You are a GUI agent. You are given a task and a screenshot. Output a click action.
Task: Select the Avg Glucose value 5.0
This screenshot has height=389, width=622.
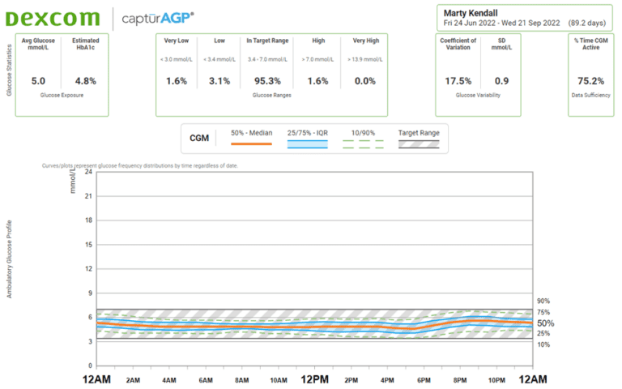click(x=38, y=81)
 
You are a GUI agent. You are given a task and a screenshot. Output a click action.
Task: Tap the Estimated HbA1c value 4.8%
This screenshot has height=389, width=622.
click(x=85, y=81)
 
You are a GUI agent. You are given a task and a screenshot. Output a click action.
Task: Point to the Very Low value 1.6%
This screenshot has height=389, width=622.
click(x=177, y=81)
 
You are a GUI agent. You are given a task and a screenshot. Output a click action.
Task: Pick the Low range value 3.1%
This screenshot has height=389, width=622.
click(x=219, y=81)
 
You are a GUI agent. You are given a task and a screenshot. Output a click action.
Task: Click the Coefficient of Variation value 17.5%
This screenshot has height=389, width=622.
click(x=458, y=81)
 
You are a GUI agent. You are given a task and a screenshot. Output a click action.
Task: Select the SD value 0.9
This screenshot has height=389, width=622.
click(x=502, y=81)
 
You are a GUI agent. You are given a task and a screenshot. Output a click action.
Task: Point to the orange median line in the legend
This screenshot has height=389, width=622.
click(x=251, y=144)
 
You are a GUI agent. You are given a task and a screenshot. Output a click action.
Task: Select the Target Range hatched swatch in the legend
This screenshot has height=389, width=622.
click(x=419, y=144)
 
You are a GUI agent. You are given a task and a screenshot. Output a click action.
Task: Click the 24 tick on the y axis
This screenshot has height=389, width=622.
click(x=88, y=172)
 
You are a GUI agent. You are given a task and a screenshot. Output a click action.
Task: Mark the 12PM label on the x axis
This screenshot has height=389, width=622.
click(x=313, y=379)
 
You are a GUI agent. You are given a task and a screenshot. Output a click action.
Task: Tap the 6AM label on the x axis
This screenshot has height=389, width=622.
click(x=205, y=379)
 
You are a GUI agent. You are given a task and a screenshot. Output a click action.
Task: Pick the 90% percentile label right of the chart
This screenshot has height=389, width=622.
click(x=543, y=301)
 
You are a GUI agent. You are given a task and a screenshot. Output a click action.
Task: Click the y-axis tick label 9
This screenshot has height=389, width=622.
click(x=90, y=293)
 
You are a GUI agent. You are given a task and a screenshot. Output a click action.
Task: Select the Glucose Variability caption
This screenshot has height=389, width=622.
click(x=478, y=96)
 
